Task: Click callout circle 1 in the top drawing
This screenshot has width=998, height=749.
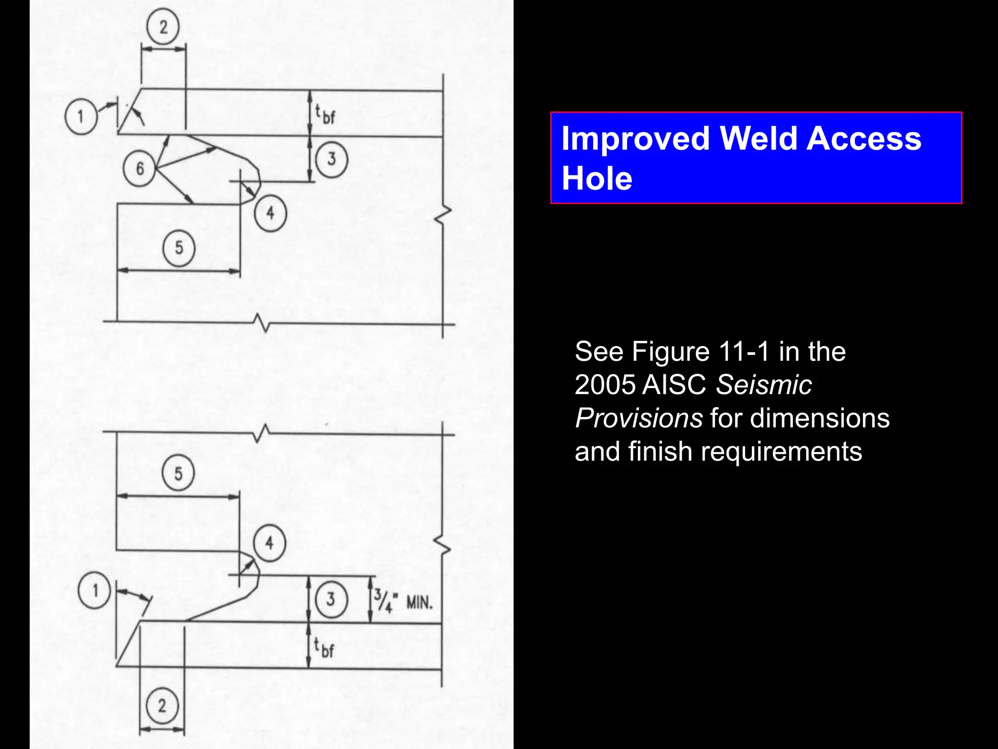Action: (81, 117)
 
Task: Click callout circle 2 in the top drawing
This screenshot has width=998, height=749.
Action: (163, 27)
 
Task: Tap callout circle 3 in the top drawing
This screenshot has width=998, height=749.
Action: (331, 159)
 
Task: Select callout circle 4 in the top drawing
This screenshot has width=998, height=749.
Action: (270, 213)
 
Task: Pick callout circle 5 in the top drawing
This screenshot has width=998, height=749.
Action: (179, 248)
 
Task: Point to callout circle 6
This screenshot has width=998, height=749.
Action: (139, 168)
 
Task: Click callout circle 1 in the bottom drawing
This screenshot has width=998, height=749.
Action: (95, 590)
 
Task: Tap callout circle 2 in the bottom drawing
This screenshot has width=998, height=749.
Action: (162, 706)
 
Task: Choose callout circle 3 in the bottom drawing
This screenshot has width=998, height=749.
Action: (331, 599)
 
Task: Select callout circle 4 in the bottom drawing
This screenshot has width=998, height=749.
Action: (269, 543)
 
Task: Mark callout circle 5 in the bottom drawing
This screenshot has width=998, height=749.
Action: (178, 473)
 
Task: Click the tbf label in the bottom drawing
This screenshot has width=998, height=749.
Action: (324, 648)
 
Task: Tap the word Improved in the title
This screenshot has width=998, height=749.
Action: (636, 138)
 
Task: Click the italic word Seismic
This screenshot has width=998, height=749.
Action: (764, 385)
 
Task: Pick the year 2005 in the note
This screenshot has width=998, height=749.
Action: (605, 385)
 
